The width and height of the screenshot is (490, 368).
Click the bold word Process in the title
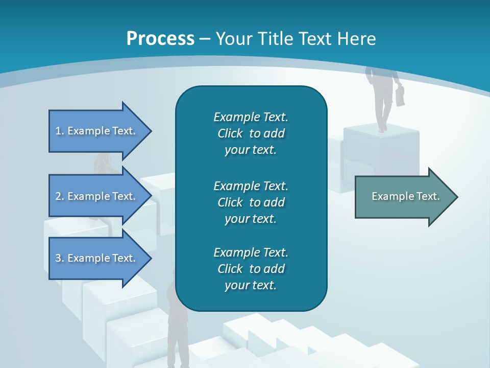160,39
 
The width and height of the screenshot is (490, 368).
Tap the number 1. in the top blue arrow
60,131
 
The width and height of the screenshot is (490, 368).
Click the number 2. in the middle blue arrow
60,196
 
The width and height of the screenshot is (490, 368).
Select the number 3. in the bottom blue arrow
60,258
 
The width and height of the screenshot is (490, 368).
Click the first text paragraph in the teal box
251,133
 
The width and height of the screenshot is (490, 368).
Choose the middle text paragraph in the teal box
251,202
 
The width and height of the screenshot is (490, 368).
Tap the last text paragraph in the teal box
251,269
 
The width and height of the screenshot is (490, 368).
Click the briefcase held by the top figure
400,96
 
